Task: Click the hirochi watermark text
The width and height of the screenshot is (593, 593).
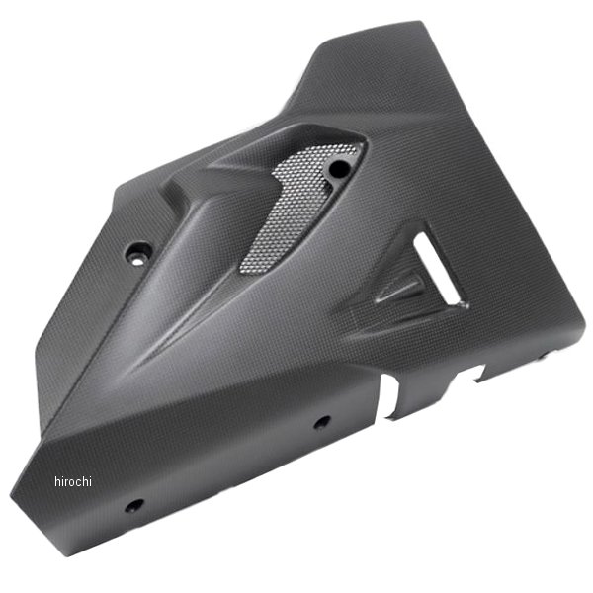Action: point(73,481)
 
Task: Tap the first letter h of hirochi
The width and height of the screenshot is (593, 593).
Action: point(57,481)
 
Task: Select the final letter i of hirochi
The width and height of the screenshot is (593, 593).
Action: point(90,481)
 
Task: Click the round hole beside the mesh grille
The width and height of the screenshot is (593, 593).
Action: point(339,168)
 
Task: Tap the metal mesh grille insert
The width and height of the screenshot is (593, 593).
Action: point(298,208)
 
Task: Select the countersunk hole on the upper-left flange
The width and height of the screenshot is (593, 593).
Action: point(137,252)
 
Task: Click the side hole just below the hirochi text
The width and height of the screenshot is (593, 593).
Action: point(134,505)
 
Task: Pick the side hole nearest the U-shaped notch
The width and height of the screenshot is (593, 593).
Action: point(322,422)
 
